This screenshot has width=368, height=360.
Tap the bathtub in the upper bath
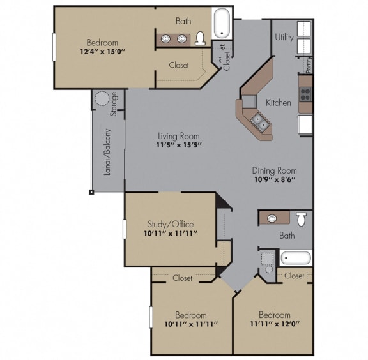222,23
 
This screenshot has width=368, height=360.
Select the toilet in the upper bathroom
201,38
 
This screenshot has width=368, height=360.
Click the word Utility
284,37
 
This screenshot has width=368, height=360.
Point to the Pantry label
308,65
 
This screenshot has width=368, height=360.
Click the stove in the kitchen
305,94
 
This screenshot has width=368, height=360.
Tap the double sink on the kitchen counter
259,119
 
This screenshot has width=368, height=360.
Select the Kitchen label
278,102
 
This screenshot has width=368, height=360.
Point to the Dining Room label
274,170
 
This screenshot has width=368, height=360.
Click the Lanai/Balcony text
108,152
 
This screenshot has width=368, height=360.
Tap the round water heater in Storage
102,100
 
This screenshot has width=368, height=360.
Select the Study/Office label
170,224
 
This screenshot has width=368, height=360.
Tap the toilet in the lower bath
301,219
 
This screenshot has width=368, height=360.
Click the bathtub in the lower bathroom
295,259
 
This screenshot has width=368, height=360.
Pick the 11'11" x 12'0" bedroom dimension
274,324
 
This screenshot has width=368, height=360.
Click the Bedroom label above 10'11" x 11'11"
190,315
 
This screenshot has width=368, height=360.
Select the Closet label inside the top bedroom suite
179,64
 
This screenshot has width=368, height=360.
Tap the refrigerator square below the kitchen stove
305,124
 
